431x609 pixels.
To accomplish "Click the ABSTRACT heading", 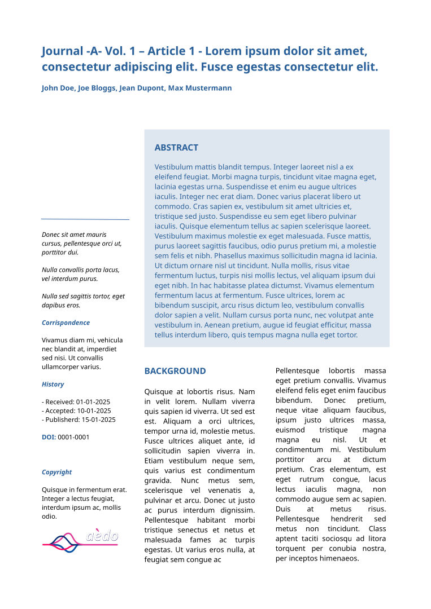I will point(176,148).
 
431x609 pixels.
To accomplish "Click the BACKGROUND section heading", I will point(175,371).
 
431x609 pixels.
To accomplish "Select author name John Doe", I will point(58,88).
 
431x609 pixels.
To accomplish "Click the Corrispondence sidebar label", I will point(66,323).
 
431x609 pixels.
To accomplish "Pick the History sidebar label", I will point(53,384).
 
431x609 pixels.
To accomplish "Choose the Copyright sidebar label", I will point(56,472).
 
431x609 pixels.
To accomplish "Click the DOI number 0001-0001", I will point(73,437).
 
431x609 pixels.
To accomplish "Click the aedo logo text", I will point(102,535).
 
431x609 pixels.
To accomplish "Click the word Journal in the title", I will point(62,51).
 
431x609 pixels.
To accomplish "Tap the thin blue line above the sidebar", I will point(85,219).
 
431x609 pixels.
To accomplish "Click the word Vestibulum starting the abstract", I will point(174,167).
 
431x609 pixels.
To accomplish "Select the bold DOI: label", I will point(49,437).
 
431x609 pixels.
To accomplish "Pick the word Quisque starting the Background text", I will point(160,391).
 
